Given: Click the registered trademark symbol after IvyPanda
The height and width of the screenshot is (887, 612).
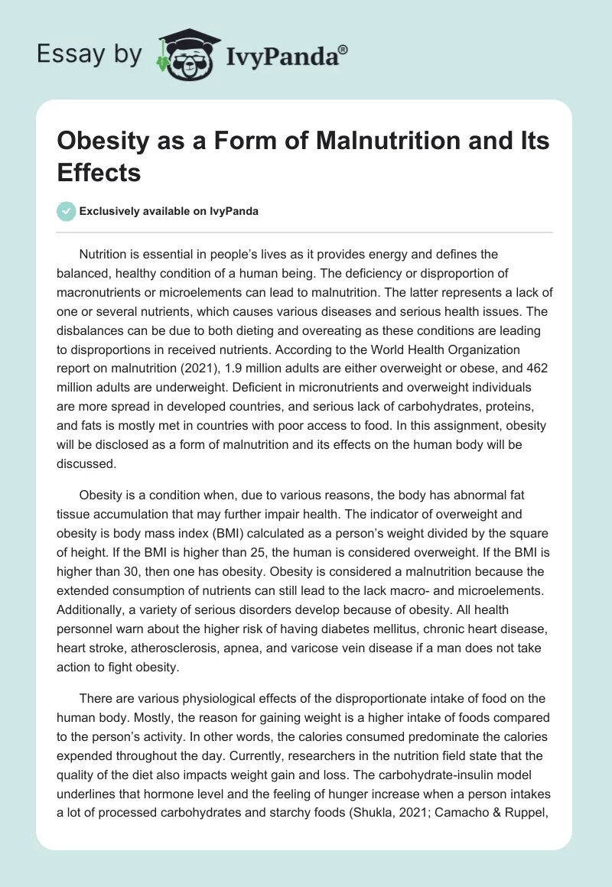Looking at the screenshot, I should coord(343,49).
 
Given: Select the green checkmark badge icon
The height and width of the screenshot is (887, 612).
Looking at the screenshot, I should coord(66,211).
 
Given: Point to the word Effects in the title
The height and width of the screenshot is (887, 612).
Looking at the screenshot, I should coord(99,172).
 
